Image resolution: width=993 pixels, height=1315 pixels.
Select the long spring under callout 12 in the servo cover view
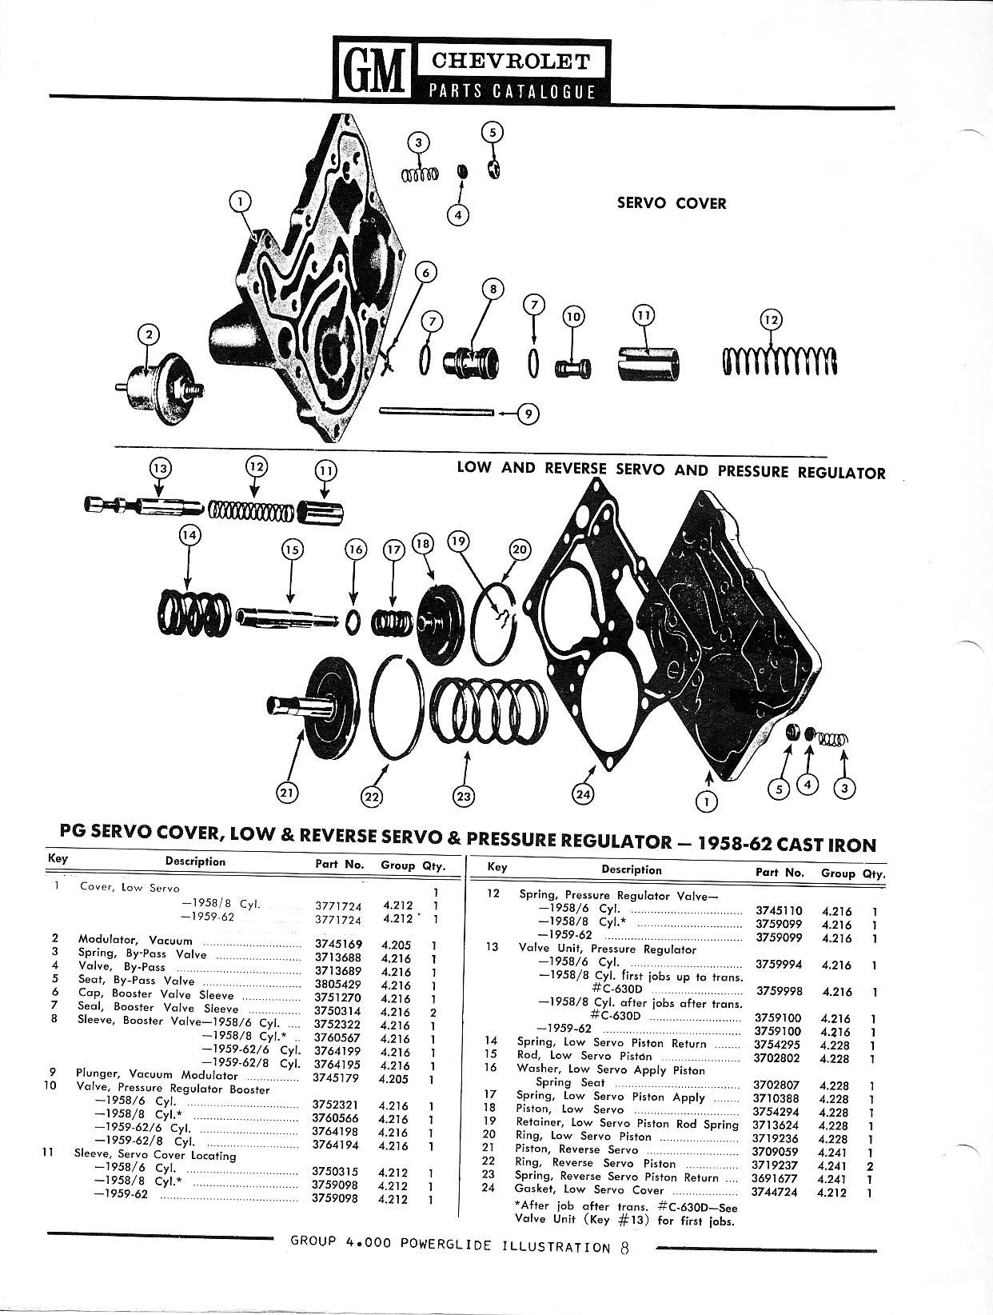point(780,361)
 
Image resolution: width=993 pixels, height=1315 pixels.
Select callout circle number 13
point(161,468)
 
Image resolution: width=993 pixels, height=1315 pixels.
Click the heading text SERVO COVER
point(671,203)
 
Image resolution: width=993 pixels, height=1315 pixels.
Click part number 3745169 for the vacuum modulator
point(338,945)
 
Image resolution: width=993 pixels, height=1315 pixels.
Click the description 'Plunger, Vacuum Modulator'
point(157,1074)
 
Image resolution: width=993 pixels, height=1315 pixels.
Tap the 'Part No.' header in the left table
point(339,865)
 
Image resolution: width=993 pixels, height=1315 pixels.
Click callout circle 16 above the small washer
point(356,550)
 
